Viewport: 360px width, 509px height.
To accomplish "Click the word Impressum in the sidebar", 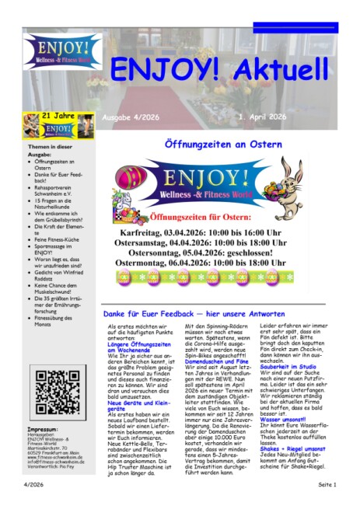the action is tap(43, 429).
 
